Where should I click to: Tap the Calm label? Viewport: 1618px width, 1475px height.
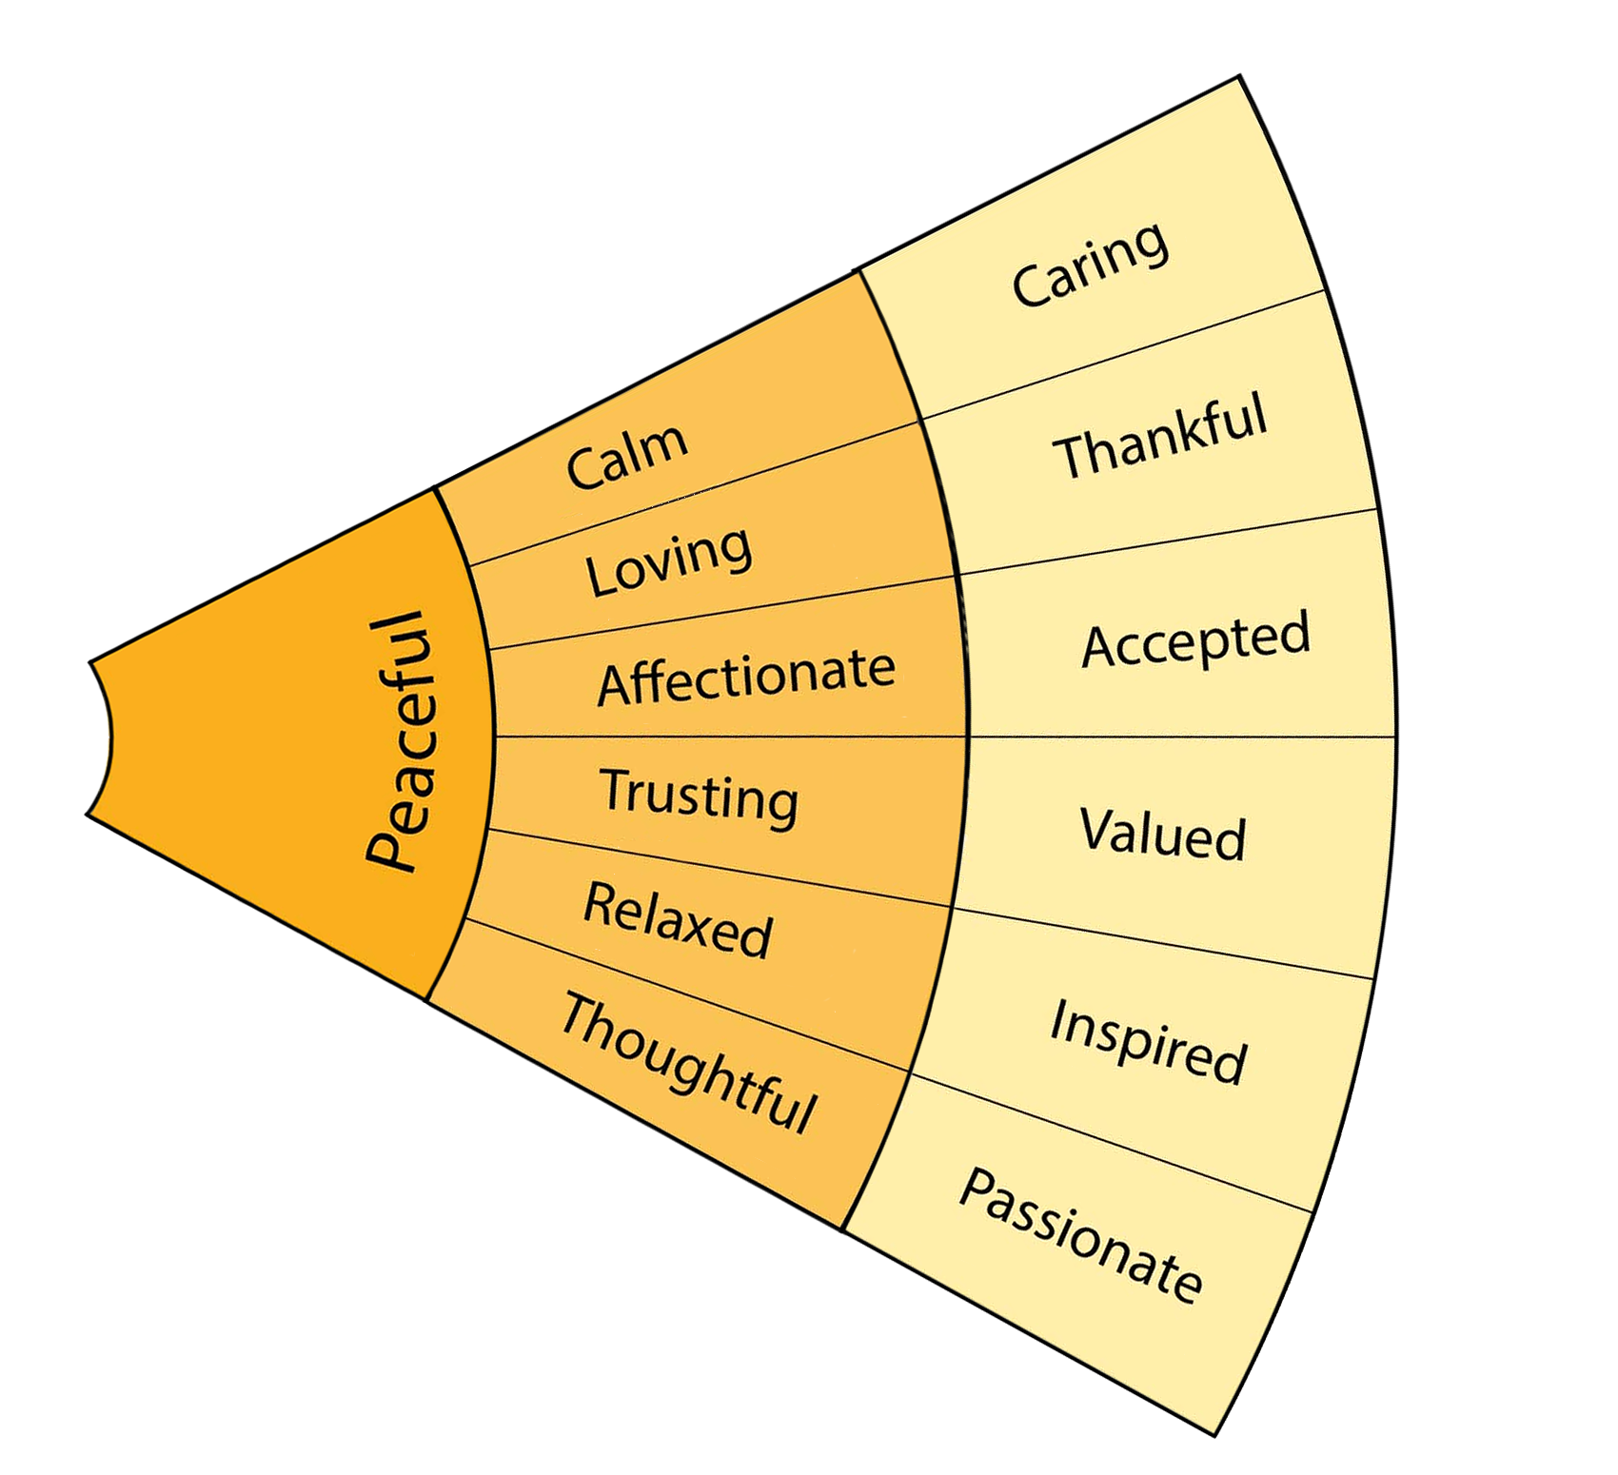(626, 456)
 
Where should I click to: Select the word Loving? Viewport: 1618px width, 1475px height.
(668, 561)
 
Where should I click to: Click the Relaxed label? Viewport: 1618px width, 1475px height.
(677, 920)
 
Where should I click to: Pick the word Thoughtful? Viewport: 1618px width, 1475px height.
(687, 1062)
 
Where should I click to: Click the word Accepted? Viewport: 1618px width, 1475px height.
(1196, 639)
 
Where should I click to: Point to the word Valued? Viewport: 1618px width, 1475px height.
(1162, 834)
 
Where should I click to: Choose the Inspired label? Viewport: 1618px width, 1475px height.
(1148, 1043)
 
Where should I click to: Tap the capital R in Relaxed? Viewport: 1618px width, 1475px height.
(600, 902)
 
